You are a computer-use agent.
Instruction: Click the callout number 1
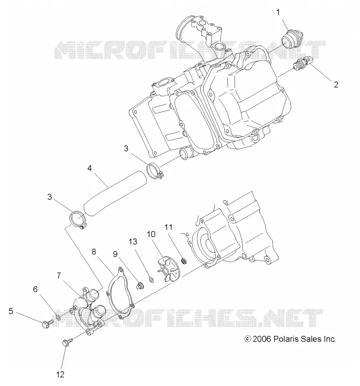pos(278,12)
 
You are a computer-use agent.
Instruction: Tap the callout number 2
pos(336,84)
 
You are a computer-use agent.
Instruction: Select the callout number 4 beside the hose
pos(89,168)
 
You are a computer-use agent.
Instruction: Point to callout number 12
pos(60,374)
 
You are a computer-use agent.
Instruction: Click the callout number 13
pos(133,242)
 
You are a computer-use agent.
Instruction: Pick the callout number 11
pos(168,227)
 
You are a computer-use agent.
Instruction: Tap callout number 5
pos(11,311)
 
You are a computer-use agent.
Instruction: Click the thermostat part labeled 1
pos(291,40)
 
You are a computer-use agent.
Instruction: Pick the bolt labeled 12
pos(68,342)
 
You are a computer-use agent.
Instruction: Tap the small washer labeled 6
pos(58,317)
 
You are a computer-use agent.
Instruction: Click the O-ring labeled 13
pos(151,280)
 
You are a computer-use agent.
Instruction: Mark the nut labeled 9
pos(140,286)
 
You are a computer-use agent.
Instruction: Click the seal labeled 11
pos(184,260)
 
